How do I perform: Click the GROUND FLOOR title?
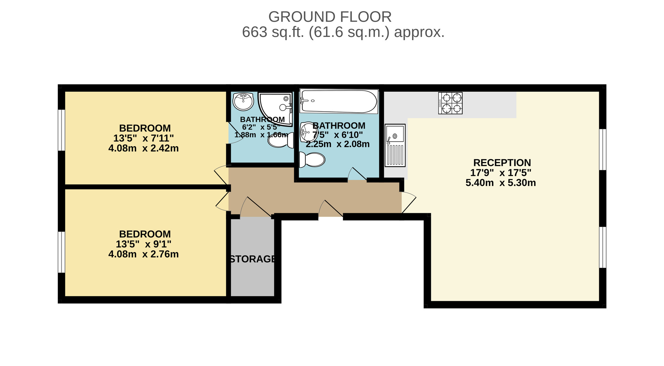pyautogui.click(x=330, y=17)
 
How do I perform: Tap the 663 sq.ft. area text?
pyautogui.click(x=343, y=33)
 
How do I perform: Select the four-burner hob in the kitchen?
pyautogui.click(x=450, y=103)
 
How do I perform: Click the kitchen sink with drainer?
pyautogui.click(x=395, y=145)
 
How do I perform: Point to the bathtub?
pyautogui.click(x=339, y=101)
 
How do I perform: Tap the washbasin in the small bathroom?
pyautogui.click(x=243, y=101)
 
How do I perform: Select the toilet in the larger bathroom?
pyautogui.click(x=312, y=160)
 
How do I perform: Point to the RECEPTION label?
pyautogui.click(x=502, y=163)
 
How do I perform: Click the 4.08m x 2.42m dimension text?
pyautogui.click(x=143, y=148)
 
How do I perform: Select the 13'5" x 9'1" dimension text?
pyautogui.click(x=143, y=244)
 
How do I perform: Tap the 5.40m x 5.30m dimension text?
pyautogui.click(x=501, y=183)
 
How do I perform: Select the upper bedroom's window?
pyautogui.click(x=61, y=130)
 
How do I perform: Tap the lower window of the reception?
pyautogui.click(x=603, y=247)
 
